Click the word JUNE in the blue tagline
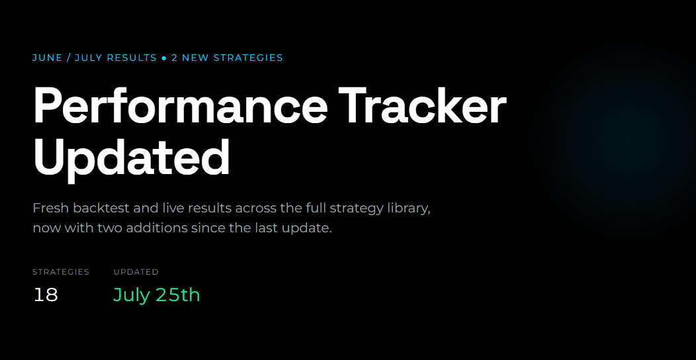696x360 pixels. pos(48,58)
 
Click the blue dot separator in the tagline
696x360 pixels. pos(164,58)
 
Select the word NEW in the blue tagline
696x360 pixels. pos(196,58)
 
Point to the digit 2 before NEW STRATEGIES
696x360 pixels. pos(174,58)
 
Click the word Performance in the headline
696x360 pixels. pos(180,106)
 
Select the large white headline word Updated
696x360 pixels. pos(132,158)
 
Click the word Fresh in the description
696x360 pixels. pos(50,208)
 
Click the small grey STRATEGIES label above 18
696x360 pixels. pos(61,272)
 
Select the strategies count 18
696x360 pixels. pos(46,295)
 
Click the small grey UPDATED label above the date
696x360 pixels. pos(136,272)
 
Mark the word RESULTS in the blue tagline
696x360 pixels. pos(134,58)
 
